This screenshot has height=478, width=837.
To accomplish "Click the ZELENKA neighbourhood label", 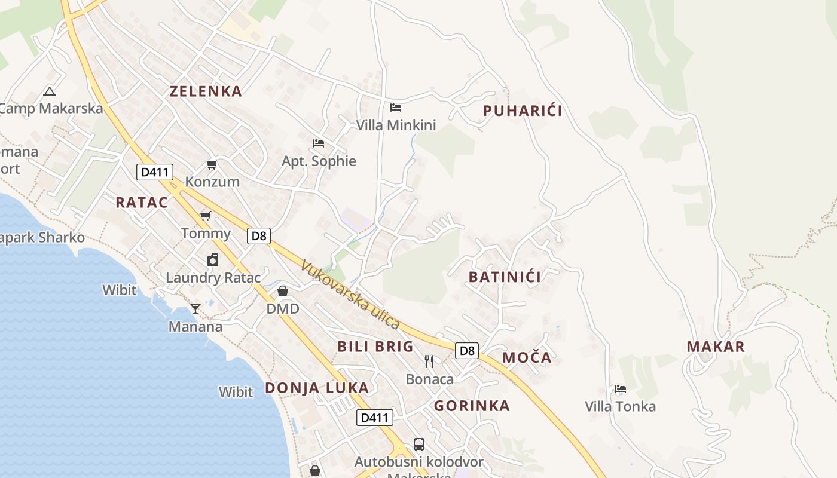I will [206, 91].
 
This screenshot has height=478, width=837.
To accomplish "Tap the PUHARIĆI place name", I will [523, 111].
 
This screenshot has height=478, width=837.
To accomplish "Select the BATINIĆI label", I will [505, 277].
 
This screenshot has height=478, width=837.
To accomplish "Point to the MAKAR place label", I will [716, 347].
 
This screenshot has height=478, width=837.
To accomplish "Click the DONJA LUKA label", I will [317, 388].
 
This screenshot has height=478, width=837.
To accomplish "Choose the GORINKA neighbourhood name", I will [472, 406].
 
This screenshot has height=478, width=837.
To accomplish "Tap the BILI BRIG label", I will [375, 347].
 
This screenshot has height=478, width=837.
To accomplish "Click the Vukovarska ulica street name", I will [350, 295].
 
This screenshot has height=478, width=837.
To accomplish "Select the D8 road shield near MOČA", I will [467, 351].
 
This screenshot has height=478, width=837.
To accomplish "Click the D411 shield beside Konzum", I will [155, 173].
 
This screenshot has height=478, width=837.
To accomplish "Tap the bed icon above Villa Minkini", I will [396, 108].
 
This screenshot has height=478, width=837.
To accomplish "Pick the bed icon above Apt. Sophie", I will [319, 143].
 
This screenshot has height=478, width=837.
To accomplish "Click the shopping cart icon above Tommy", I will [206, 216].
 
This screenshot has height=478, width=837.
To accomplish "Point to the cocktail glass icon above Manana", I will [195, 308].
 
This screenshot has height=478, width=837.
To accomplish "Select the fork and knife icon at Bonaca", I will [429, 361].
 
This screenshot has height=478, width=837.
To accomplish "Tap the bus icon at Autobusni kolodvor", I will [419, 445].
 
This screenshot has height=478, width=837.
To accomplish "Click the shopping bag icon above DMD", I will [283, 291].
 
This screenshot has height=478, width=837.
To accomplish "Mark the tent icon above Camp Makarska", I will [50, 91].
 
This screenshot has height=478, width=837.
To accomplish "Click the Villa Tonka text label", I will [620, 407].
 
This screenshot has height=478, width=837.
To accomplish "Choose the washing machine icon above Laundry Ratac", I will [213, 260].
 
